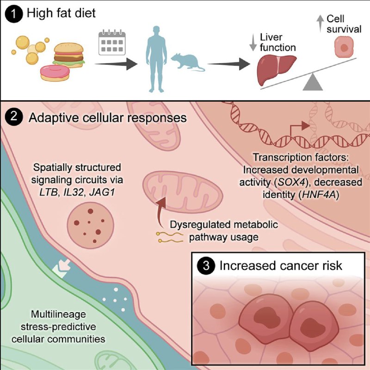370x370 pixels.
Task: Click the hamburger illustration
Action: coord(69,55)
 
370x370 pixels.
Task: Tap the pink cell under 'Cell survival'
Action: coord(342,47)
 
